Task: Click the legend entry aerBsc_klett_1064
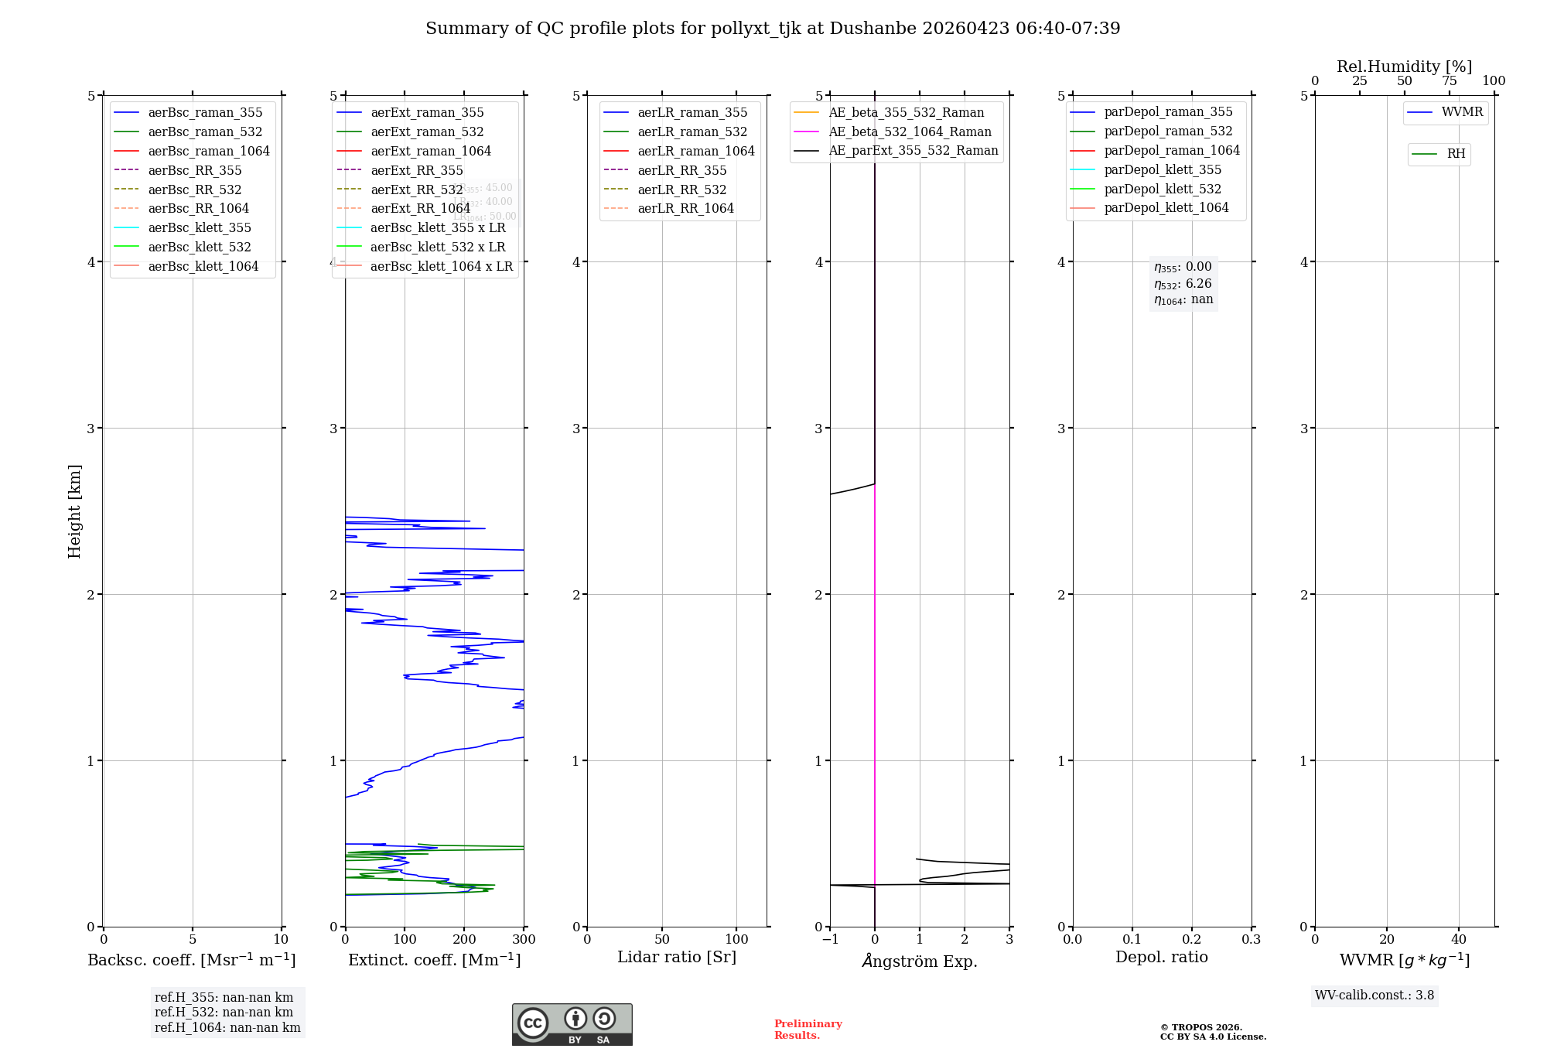(203, 266)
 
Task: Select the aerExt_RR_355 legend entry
(416, 170)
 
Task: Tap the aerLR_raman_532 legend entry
(692, 131)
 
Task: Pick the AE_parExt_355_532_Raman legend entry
(913, 150)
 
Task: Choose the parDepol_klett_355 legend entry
(1162, 169)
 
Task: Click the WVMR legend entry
(1462, 112)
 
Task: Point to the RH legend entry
(1456, 154)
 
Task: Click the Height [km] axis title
(74, 511)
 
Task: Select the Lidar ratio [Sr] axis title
(676, 957)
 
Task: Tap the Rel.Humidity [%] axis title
(1404, 67)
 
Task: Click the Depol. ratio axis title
(1161, 957)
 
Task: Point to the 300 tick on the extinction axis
(524, 940)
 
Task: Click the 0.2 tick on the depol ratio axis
(1192, 940)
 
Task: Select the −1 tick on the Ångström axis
(830, 940)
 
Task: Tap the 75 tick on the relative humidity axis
(1449, 81)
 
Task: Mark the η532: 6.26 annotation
(1183, 284)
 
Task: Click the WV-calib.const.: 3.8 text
(1374, 996)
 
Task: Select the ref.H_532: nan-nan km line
(224, 1012)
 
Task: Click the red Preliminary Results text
(808, 1030)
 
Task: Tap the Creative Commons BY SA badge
(572, 1025)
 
